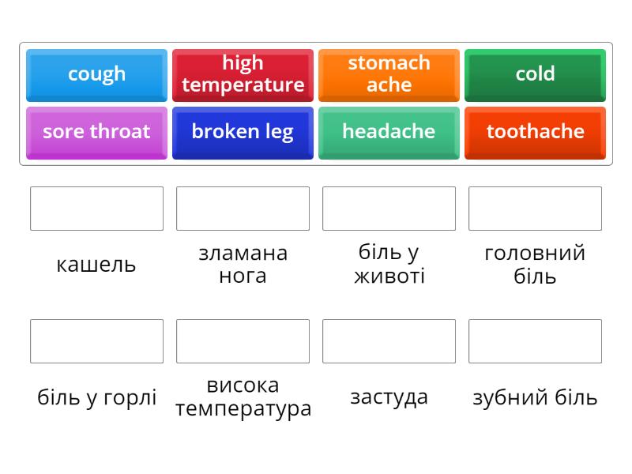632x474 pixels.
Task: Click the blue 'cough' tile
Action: click(96, 74)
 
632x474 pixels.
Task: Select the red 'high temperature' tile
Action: click(243, 74)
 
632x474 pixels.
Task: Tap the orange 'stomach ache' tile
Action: click(389, 74)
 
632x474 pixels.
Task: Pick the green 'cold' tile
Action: click(535, 74)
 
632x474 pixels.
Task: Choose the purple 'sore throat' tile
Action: click(96, 132)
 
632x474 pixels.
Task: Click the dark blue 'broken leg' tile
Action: click(243, 132)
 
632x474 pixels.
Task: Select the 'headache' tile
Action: click(389, 132)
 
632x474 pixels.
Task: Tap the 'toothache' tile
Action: click(535, 132)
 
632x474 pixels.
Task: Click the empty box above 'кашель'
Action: click(96, 209)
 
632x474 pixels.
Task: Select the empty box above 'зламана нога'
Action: click(243, 209)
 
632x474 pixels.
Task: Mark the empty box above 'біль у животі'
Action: click(389, 209)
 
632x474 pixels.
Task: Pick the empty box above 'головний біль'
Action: click(535, 209)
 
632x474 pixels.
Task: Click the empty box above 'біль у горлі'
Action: click(96, 341)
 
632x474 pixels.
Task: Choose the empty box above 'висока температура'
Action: click(243, 341)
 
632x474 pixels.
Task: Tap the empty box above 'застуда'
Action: click(389, 341)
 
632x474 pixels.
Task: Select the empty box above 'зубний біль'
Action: click(535, 341)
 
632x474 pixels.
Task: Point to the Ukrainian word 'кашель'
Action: click(96, 265)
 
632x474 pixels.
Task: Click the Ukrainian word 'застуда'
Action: click(389, 397)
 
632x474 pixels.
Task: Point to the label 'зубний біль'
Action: click(535, 397)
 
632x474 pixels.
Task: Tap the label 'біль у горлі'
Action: click(96, 397)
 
